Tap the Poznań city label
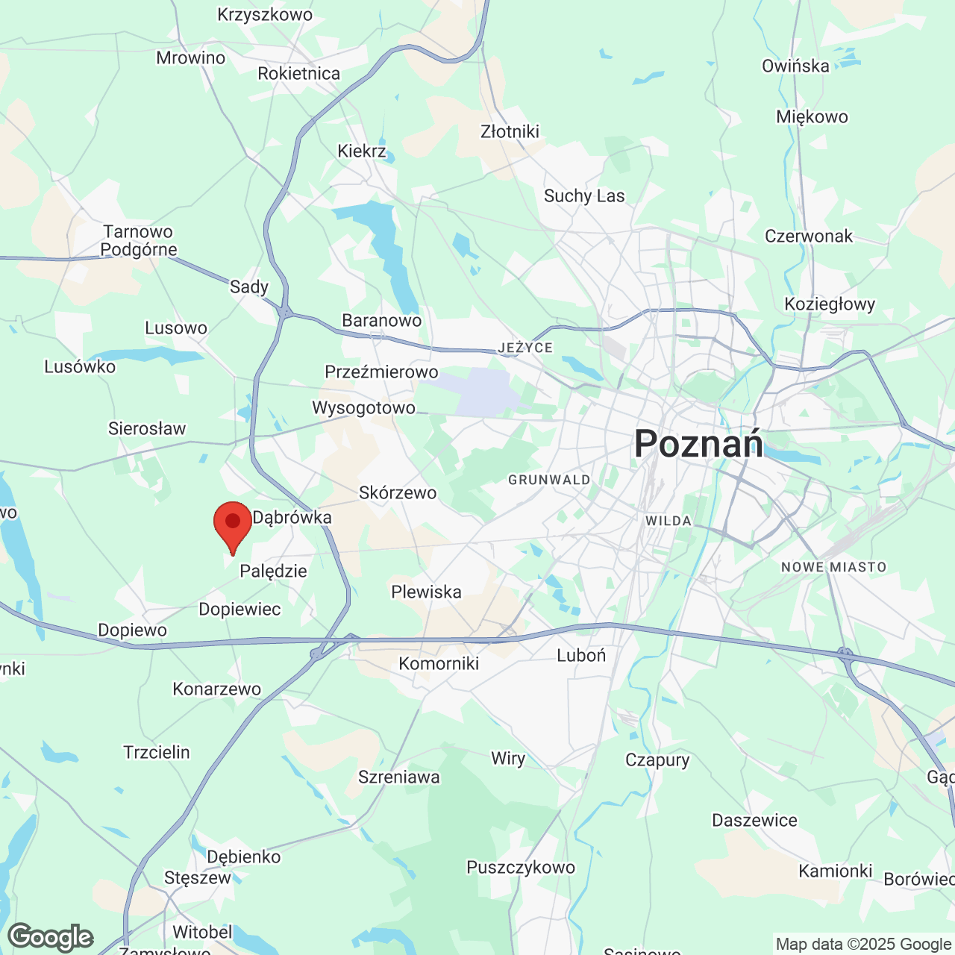click(x=698, y=444)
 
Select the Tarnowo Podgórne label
click(x=138, y=241)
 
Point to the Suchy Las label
click(x=584, y=196)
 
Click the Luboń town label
click(x=581, y=656)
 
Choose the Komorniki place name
click(x=439, y=663)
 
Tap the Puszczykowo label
click(x=521, y=867)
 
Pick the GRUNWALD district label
click(x=549, y=480)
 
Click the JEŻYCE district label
click(x=526, y=348)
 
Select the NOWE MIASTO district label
click(x=833, y=567)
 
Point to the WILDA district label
click(x=668, y=521)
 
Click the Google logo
click(x=51, y=937)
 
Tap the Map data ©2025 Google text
click(x=863, y=945)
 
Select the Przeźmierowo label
click(x=381, y=372)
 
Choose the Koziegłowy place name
click(x=830, y=304)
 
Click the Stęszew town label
click(x=198, y=877)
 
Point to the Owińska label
click(x=795, y=66)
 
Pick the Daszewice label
click(x=754, y=821)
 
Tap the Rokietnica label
click(x=298, y=73)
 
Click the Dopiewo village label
click(x=133, y=630)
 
